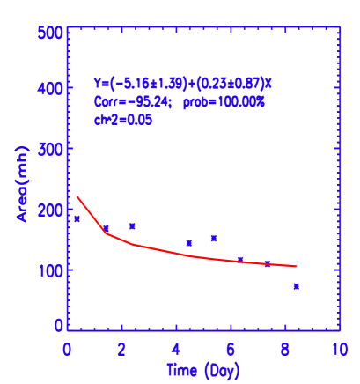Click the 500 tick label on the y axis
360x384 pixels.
pos(50,33)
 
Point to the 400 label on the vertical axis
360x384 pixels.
pos(50,89)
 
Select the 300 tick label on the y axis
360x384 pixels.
pos(50,150)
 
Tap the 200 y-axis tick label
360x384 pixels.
pos(50,210)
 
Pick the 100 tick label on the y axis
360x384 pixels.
pos(50,270)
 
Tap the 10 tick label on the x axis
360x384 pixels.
pos(337,349)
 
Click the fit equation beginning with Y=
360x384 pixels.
pos(183,83)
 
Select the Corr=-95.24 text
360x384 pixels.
pos(132,101)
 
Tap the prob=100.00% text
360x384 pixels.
pos(224,101)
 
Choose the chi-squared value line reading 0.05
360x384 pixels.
pos(123,120)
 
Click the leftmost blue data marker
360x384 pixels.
pos(77,218)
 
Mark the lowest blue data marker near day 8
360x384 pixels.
pos(296,286)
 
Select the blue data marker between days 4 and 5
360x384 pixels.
pos(189,243)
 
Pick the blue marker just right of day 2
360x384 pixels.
pos(132,226)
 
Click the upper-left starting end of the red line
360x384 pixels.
pos(77,196)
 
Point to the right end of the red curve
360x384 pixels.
pos(296,266)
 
